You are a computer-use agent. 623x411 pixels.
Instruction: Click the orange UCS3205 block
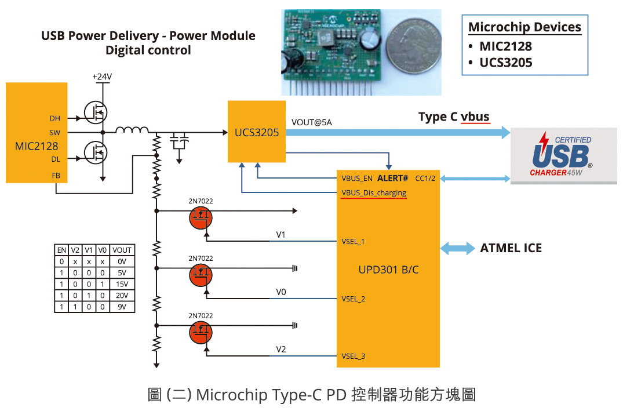point(257,132)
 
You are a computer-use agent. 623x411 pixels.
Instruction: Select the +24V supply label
point(102,77)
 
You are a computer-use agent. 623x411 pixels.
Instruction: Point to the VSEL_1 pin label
point(354,242)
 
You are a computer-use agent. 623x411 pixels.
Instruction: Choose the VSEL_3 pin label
point(354,356)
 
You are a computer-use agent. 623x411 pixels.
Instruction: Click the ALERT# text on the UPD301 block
point(393,178)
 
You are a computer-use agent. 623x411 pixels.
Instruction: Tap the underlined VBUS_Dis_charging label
point(374,192)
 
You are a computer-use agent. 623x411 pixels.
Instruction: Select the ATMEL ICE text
point(511,248)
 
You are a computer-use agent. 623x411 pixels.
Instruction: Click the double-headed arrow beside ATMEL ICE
point(457,248)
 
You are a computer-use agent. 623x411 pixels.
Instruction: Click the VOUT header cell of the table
point(122,250)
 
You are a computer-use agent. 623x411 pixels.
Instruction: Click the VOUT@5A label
point(312,122)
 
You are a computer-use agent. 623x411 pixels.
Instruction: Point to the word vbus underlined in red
point(475,117)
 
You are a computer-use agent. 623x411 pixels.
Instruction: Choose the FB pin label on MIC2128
point(56,174)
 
